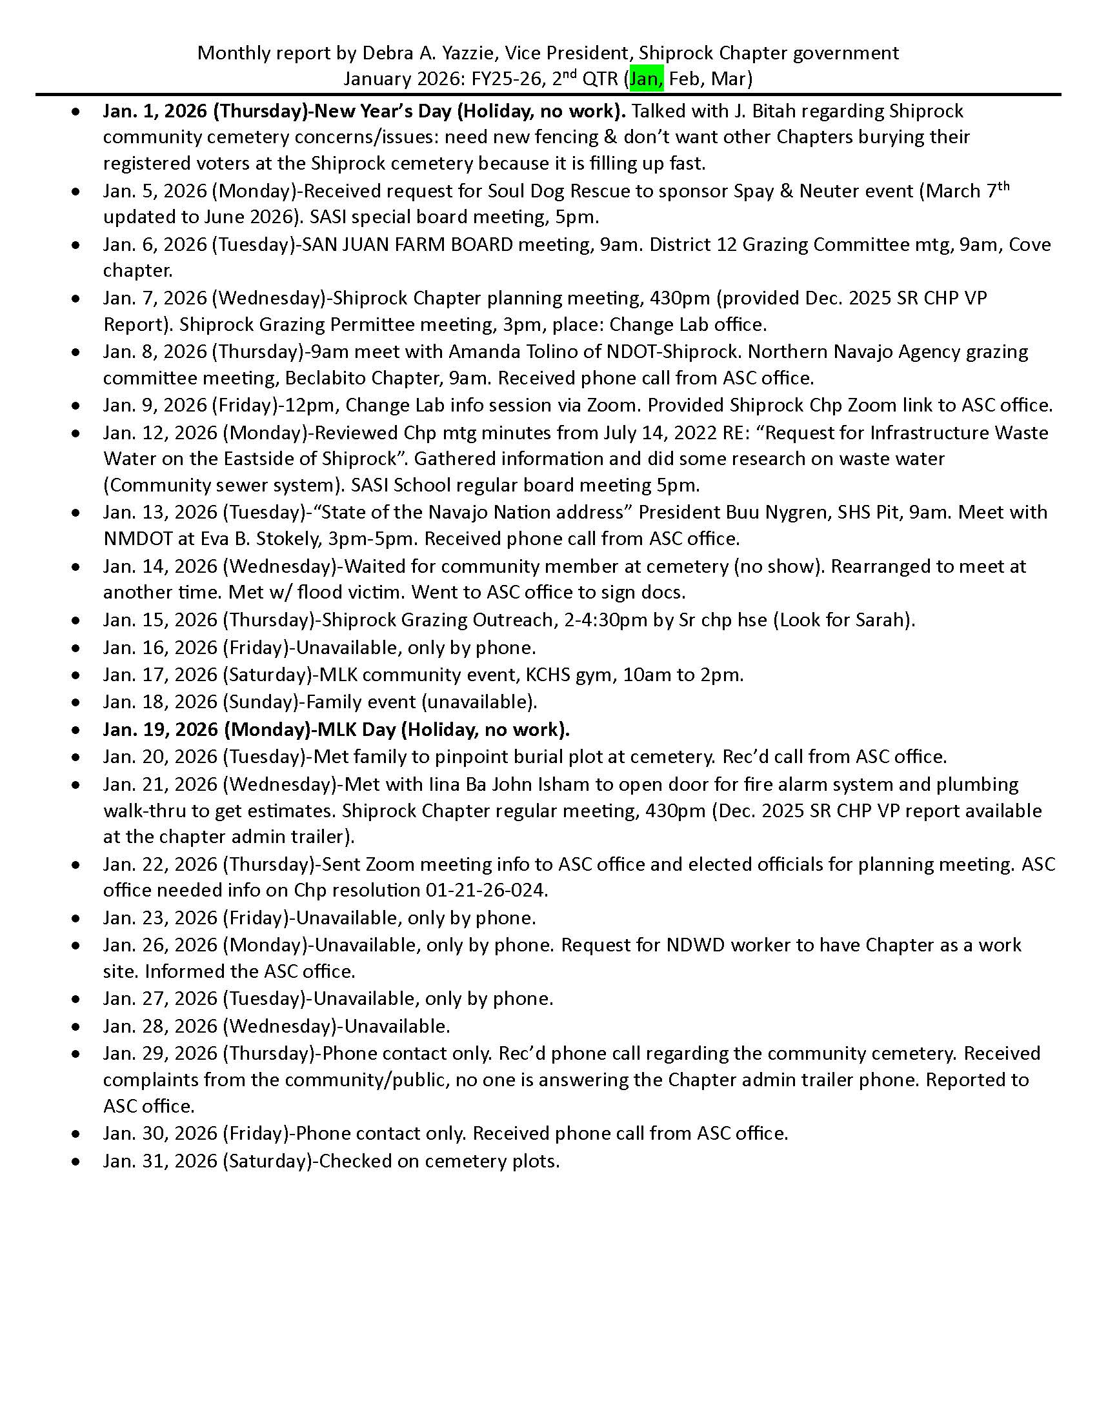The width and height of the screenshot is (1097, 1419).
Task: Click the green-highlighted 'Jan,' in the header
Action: (646, 79)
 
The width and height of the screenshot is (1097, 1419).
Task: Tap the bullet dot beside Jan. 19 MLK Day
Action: (77, 729)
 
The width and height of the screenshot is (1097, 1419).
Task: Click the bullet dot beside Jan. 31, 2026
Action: (77, 1161)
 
